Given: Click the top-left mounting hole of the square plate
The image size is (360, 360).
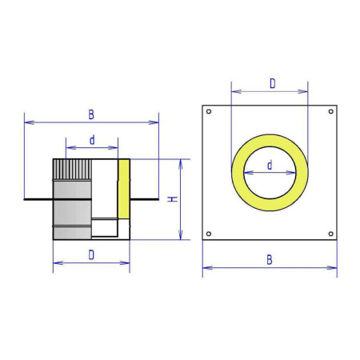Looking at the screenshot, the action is pos(209,111).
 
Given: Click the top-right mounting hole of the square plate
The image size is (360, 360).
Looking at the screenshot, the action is pos(331,111).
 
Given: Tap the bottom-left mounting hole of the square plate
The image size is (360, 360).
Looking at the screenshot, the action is pos(209,234).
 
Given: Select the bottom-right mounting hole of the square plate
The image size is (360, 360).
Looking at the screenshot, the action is pos(331,234).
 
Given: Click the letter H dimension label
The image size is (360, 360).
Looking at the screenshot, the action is pos(173,199).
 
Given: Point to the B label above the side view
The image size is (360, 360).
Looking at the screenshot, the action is pos(91,114).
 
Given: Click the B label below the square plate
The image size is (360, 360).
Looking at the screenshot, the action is pos(270,260).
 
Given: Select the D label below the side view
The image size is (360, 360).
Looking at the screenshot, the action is pos(91,255).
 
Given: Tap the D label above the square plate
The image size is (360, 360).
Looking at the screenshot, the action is pos(273,83).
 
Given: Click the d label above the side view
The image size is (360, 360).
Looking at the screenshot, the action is pos(92,140).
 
